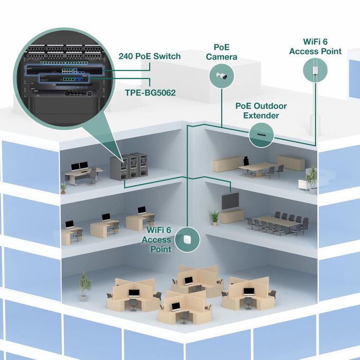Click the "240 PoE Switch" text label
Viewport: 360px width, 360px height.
(x=149, y=56)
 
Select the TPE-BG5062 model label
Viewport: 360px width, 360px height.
(x=150, y=93)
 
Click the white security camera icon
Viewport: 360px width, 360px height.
(x=221, y=77)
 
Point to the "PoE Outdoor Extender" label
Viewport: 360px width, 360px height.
(x=261, y=111)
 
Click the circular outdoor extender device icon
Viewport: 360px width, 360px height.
(x=261, y=135)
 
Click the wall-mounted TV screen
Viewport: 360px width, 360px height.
(x=230, y=201)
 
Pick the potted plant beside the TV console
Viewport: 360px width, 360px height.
(x=214, y=218)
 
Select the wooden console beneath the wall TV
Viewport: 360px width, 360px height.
(x=232, y=216)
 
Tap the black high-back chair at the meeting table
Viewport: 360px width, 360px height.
(x=246, y=161)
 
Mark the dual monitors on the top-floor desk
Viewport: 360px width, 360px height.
(x=79, y=166)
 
